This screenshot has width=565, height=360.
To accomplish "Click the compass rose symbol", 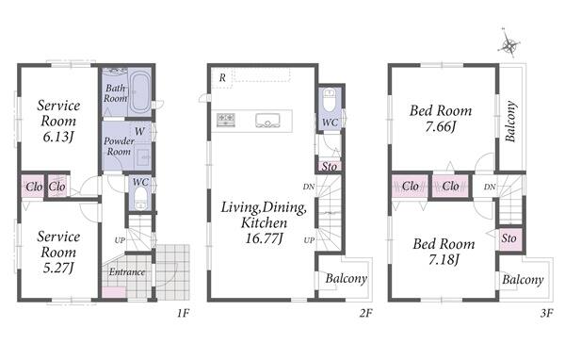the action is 509,45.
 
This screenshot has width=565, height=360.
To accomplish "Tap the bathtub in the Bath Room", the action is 139,92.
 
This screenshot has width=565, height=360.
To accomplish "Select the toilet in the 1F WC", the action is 140,199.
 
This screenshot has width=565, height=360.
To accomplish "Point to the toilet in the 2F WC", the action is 330,101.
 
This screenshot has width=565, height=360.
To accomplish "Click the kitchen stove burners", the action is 226,120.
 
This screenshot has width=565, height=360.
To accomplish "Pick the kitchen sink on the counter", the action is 267,121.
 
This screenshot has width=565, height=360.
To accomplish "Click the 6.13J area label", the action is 58,137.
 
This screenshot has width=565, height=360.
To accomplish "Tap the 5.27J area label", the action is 58,268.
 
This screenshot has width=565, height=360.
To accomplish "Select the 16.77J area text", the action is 264,238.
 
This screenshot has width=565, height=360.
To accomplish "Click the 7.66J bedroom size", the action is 441,126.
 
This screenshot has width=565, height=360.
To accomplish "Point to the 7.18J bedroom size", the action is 444,260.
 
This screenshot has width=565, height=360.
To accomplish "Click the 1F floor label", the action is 183,313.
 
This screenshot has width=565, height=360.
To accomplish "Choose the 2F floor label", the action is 365,313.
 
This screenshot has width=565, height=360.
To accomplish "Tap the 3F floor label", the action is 546,313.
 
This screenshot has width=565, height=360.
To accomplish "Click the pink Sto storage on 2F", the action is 330,166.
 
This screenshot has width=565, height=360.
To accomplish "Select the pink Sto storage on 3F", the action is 509,238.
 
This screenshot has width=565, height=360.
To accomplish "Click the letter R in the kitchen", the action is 222,77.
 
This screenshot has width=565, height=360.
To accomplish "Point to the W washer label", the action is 139,131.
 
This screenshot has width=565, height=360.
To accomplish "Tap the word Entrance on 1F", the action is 127,272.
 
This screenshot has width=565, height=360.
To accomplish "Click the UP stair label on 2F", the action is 309,240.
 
